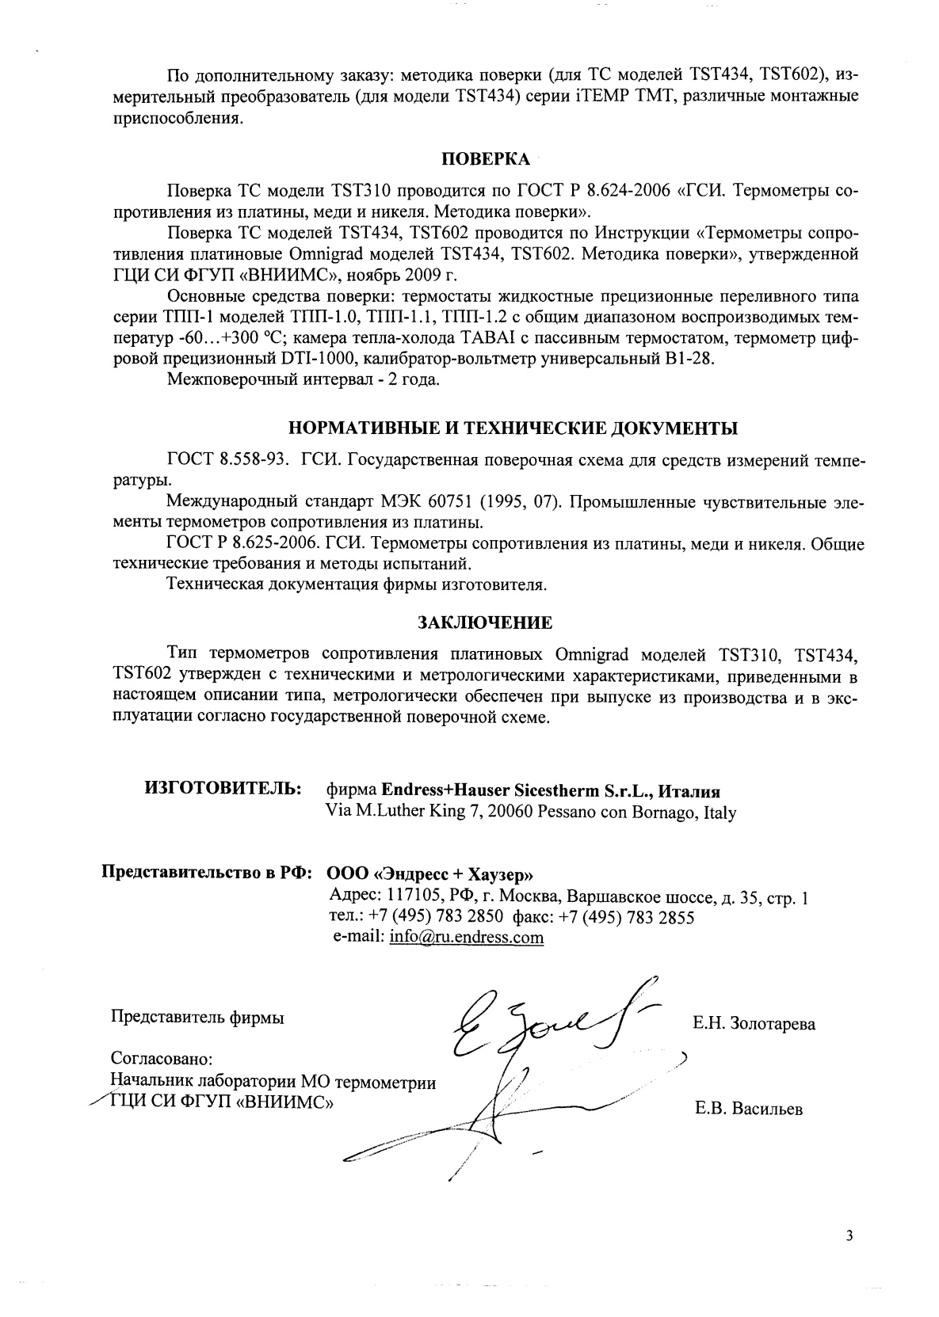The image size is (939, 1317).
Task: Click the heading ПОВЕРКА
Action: [485, 158]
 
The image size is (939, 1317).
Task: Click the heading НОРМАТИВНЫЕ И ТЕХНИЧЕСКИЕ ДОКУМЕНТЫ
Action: [513, 428]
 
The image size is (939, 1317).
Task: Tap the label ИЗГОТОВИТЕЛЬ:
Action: [223, 789]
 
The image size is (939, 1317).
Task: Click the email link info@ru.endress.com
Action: [467, 938]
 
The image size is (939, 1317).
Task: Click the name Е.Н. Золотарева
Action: [754, 1023]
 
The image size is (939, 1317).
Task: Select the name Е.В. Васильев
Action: [749, 1109]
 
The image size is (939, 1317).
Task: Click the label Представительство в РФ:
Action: [209, 873]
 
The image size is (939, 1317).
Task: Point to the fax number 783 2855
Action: [649, 918]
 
